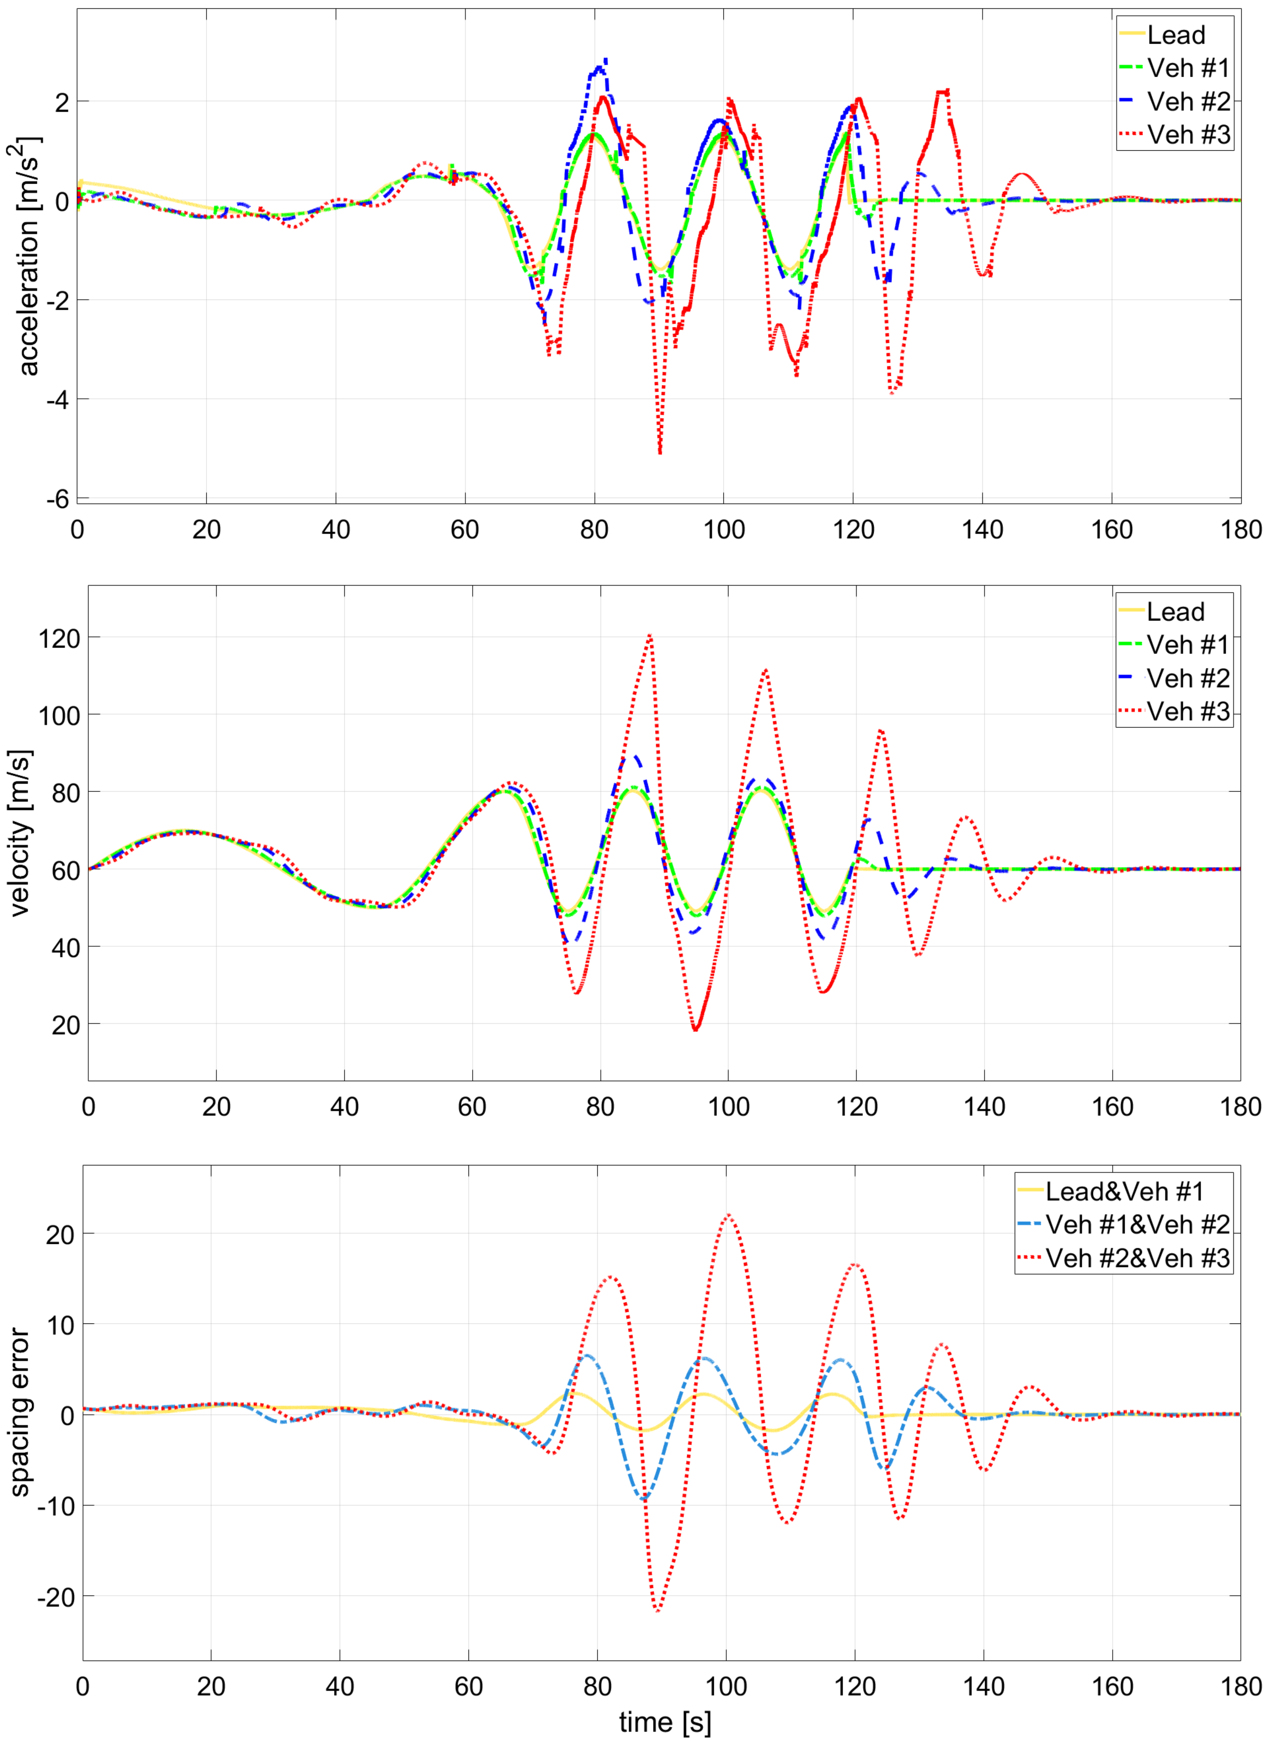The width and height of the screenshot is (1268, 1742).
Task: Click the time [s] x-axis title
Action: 665,1721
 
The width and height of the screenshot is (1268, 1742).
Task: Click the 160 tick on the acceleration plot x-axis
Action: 1111,530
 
